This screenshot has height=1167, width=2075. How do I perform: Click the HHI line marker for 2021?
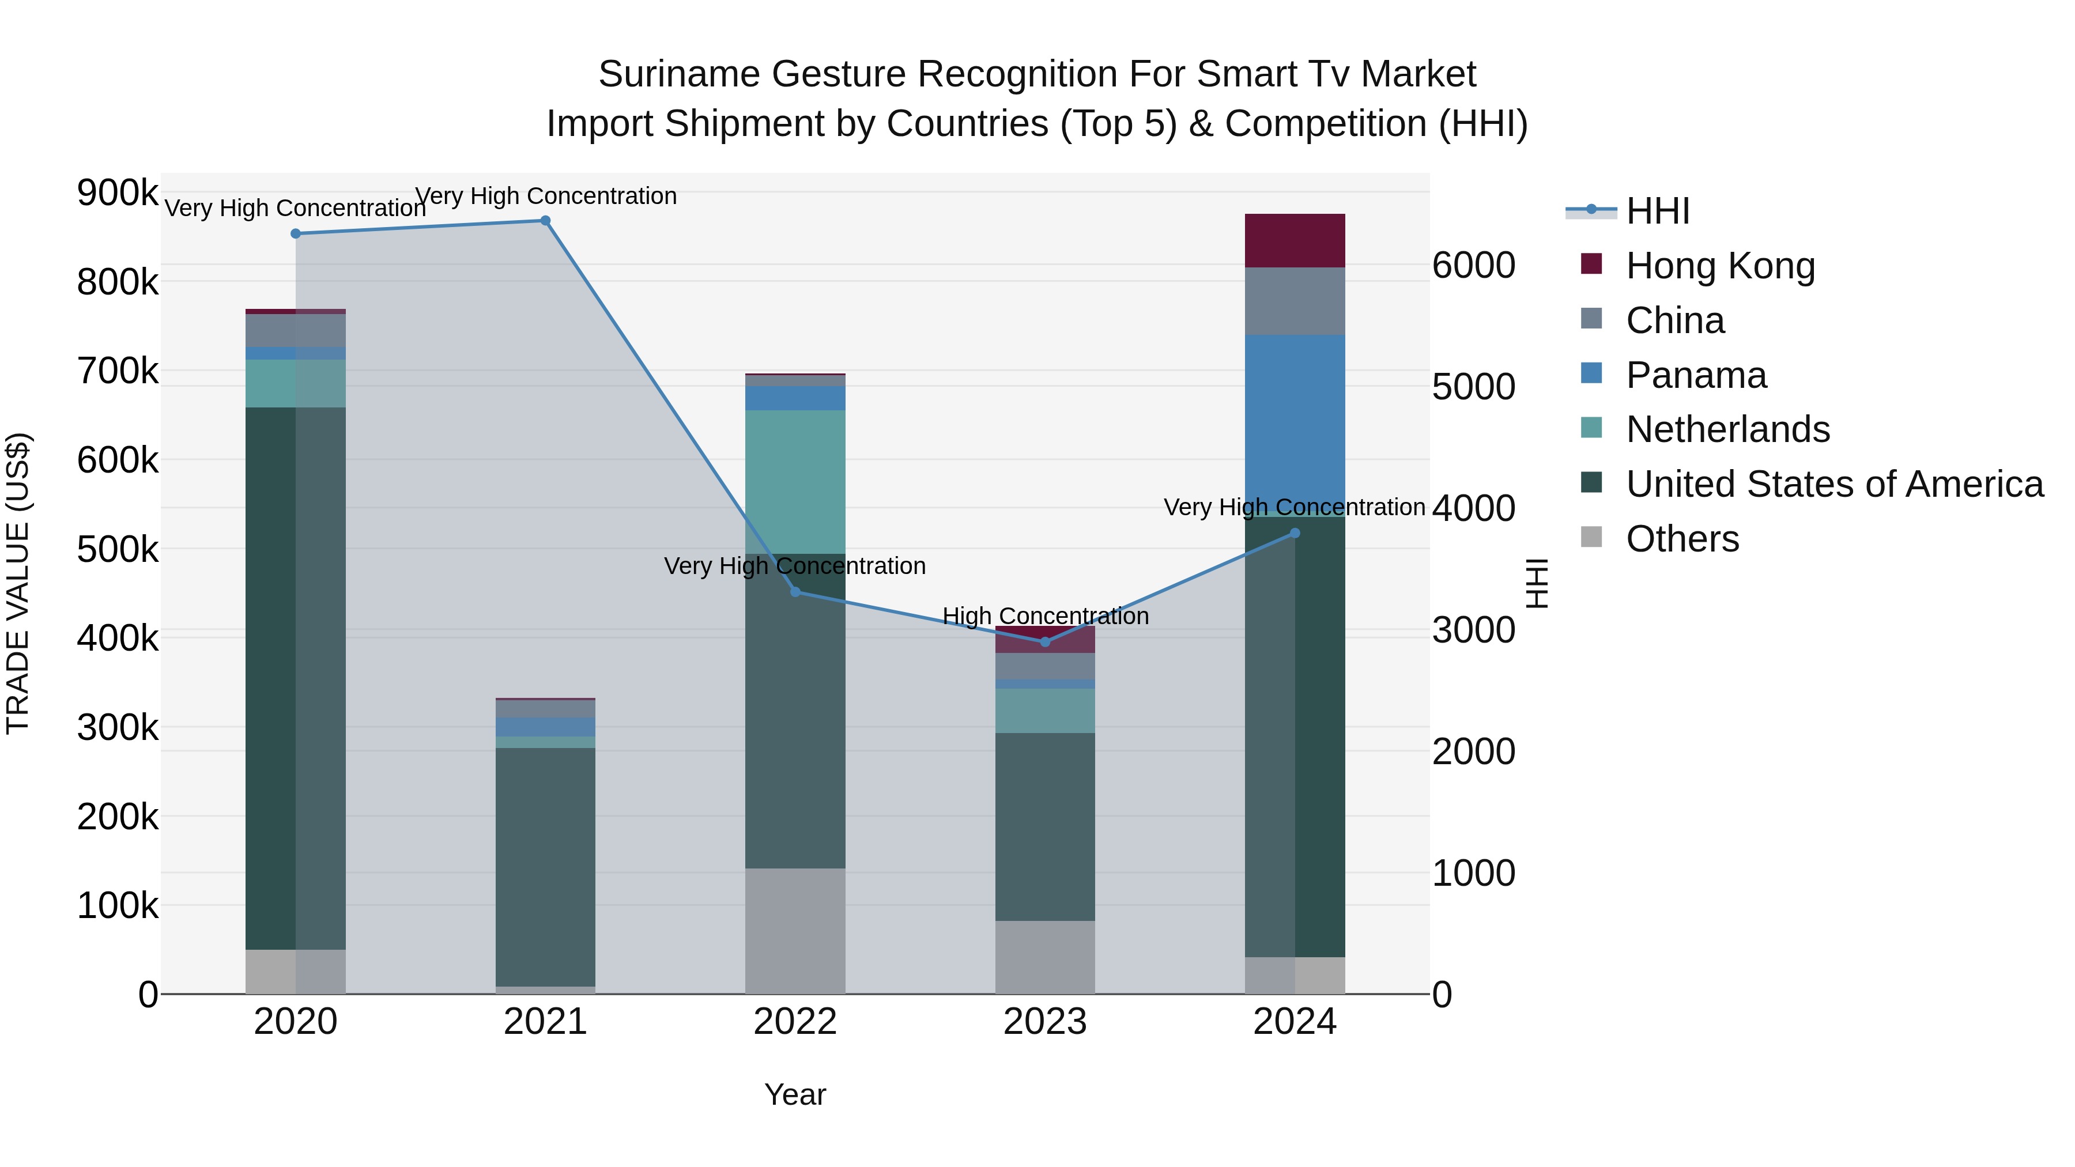point(545,221)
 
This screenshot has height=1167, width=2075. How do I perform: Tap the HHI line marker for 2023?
point(1045,642)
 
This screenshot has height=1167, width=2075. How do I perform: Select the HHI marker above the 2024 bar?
point(1295,533)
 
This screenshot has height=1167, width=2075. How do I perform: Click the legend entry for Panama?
point(1696,375)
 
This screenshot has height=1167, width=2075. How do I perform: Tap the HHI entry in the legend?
point(1657,211)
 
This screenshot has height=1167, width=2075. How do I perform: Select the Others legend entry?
point(1682,539)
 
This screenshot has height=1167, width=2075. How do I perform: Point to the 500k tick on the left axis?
point(118,550)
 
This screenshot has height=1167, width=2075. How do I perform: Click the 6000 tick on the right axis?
point(1473,265)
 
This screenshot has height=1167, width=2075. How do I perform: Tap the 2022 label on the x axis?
point(795,1022)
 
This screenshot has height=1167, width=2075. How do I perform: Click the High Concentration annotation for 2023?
point(1045,616)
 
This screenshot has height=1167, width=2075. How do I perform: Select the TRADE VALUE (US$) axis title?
point(18,583)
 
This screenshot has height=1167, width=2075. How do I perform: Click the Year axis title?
point(795,1094)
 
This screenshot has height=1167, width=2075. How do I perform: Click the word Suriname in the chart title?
point(678,74)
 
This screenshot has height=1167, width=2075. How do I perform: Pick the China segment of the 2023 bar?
point(1045,666)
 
